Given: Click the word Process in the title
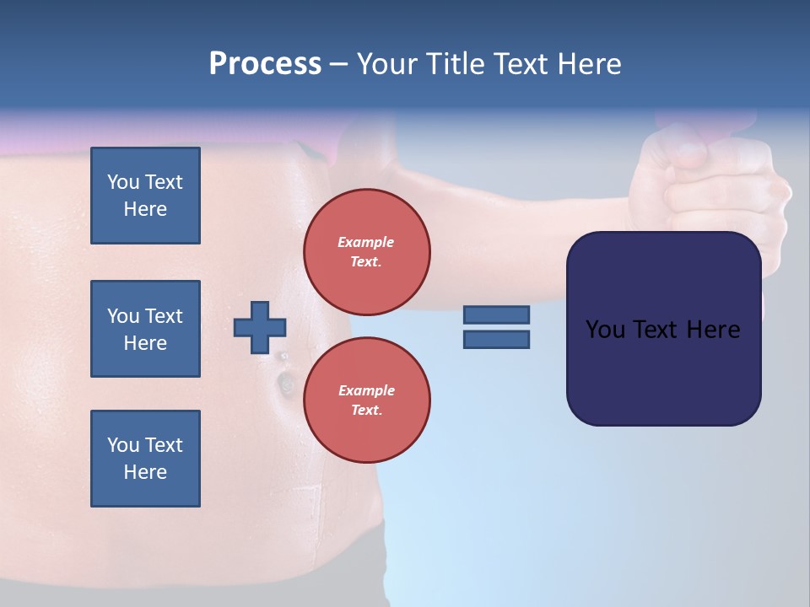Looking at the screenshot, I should click(x=265, y=63).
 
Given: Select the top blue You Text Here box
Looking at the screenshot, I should click(x=145, y=196).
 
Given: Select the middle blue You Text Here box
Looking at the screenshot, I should click(x=145, y=329).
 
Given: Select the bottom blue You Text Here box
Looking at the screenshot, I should click(x=145, y=459).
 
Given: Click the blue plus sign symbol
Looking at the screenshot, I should click(x=260, y=327).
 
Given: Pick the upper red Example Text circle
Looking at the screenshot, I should click(x=367, y=251).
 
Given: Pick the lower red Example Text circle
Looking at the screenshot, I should click(x=367, y=400).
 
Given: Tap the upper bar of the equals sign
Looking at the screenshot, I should click(x=496, y=314).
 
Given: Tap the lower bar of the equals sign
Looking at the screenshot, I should click(x=496, y=340).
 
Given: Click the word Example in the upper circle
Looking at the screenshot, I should click(x=366, y=242).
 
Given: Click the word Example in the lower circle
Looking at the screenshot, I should click(x=366, y=390).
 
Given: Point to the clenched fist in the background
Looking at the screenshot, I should click(x=717, y=181).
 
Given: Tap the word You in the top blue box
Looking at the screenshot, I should click(x=122, y=182).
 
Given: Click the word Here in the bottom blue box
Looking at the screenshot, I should click(x=145, y=472).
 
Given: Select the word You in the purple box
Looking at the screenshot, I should click(x=605, y=329).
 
